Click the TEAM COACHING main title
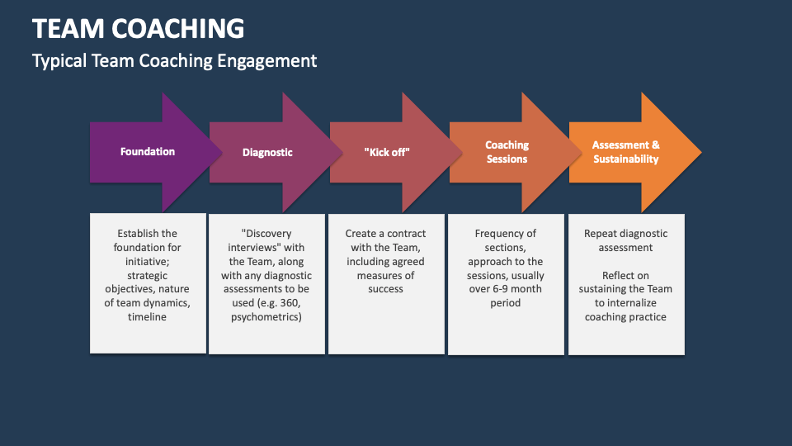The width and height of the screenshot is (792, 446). coord(139,28)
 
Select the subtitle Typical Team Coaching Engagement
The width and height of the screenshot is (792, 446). coord(174,60)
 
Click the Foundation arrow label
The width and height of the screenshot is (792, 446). coord(148,152)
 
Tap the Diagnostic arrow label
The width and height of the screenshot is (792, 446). coord(267,152)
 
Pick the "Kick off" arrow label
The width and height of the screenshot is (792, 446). coord(387,152)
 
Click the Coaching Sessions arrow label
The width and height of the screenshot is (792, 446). coord(507,152)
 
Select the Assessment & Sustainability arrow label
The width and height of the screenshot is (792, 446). coord(626,152)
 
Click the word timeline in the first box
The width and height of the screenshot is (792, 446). coord(148,317)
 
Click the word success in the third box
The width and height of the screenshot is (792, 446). coord(386,289)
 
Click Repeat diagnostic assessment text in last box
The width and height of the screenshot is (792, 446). coord(626,240)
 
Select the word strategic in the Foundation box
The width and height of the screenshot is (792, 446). coord(148,275)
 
